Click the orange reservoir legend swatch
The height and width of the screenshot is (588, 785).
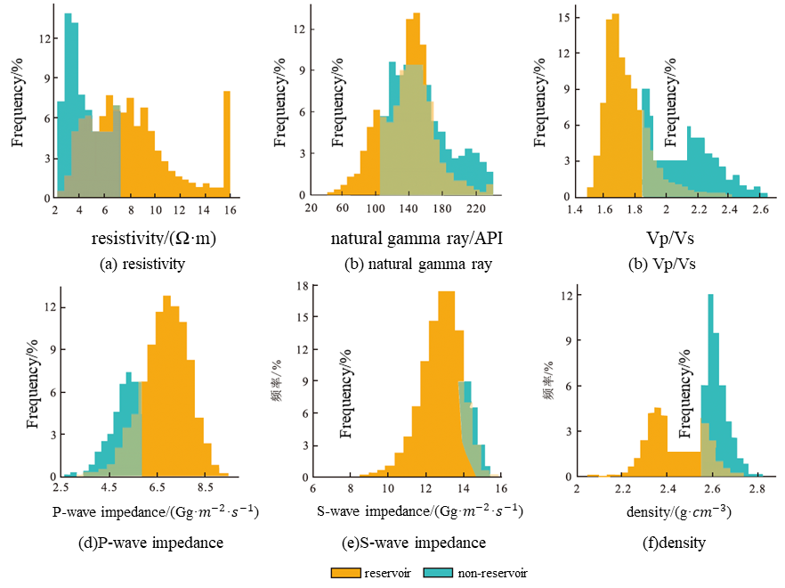(345, 573)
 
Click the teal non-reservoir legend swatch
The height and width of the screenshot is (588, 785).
(441, 573)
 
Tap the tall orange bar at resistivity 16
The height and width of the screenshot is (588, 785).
(227, 143)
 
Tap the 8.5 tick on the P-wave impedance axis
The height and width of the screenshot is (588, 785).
(206, 488)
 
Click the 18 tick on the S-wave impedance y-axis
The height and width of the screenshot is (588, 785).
(303, 287)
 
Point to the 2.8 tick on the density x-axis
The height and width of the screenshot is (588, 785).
(757, 488)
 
